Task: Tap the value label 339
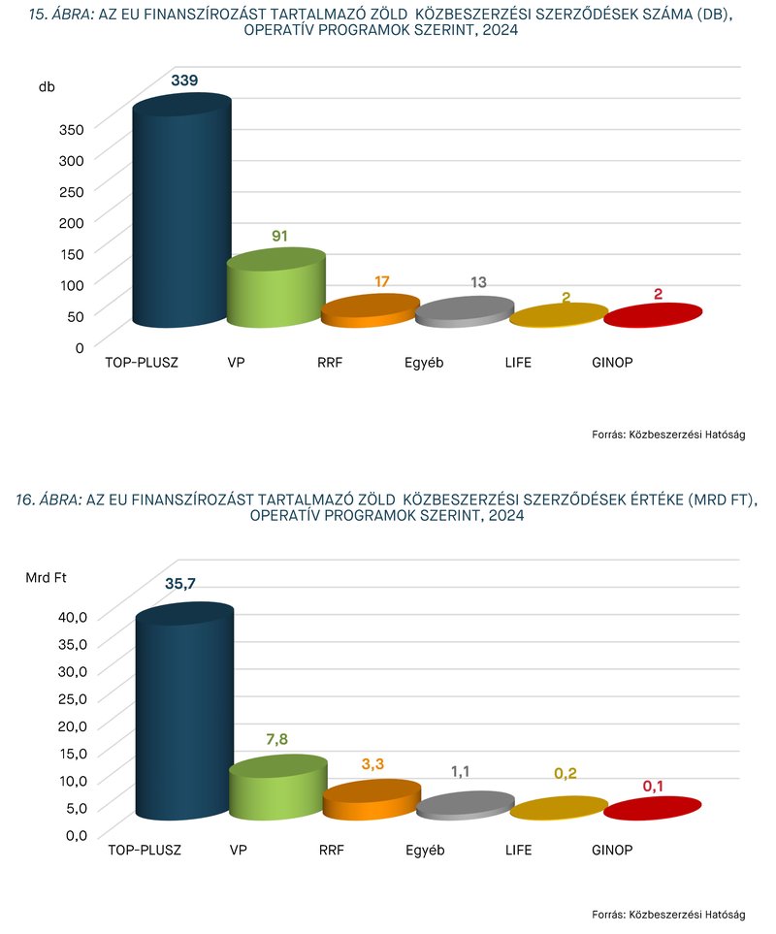[184, 81]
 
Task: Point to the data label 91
[280, 236]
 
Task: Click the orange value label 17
[381, 281]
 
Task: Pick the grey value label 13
[478, 282]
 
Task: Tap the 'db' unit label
[47, 87]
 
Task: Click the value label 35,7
[186, 585]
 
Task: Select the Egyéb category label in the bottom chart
[425, 851]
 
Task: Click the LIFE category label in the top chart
[518, 363]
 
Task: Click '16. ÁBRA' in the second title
[49, 499]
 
